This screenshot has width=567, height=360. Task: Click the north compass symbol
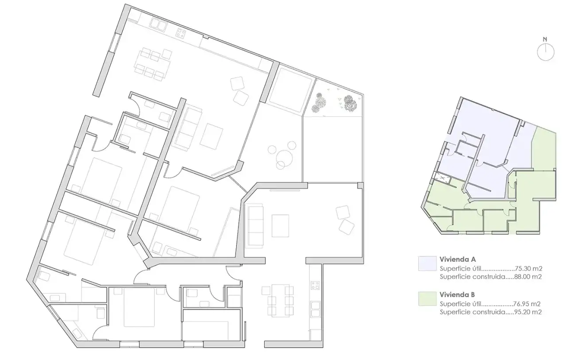545,52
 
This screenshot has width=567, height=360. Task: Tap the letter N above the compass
545,39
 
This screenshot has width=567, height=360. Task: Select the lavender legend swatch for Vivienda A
427,263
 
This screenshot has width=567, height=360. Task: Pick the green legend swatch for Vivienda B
427,298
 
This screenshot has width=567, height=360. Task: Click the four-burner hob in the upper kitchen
181,33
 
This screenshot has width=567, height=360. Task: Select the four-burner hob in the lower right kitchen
315,285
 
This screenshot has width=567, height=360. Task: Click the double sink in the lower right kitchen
315,310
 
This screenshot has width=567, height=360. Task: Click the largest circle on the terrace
284,158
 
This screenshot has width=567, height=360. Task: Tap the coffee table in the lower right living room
280,226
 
